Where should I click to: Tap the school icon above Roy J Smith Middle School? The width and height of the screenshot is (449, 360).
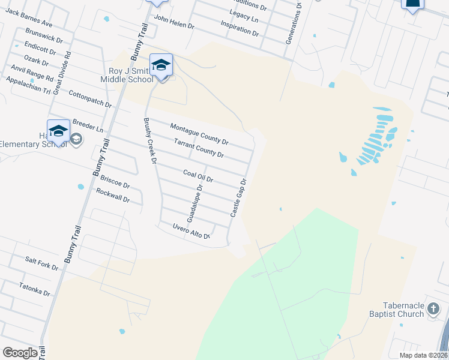(161, 65)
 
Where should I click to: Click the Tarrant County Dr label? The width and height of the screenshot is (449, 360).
(199, 149)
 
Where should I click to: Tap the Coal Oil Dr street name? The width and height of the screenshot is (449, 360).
(198, 176)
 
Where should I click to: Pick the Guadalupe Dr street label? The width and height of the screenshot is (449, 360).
(195, 203)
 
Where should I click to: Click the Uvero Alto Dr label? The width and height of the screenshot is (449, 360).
(191, 232)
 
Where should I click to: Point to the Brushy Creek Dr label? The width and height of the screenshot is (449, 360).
(149, 140)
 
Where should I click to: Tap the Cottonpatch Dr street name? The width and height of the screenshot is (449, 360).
(91, 99)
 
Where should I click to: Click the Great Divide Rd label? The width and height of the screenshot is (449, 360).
(62, 72)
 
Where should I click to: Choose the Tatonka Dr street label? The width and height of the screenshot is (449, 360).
(34, 289)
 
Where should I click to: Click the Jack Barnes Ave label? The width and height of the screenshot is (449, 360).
(29, 19)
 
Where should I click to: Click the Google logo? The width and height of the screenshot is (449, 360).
(20, 353)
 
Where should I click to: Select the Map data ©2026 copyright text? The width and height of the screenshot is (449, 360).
(423, 355)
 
